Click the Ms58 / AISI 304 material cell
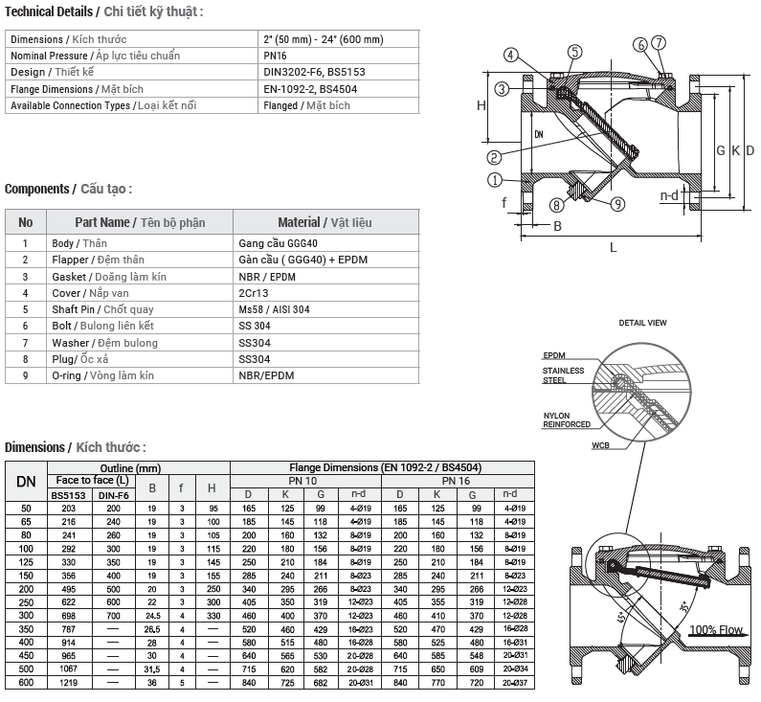point(274,309)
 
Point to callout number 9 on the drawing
point(616,203)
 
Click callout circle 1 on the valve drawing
point(495,179)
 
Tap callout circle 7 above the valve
point(659,43)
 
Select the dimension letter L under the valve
point(613,248)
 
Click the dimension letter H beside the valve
point(481,106)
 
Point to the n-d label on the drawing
point(670,194)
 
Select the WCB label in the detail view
point(600,445)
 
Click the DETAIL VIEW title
point(642,324)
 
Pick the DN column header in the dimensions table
point(26,482)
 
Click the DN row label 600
point(26,682)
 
